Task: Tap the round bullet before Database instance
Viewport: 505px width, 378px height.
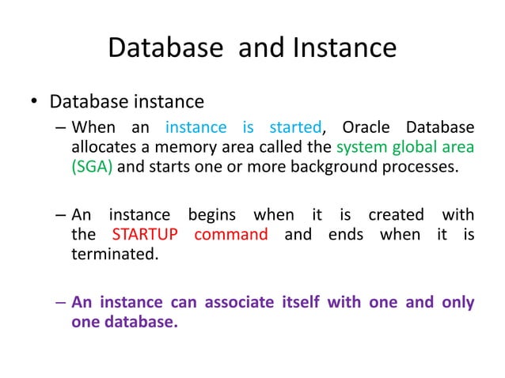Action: [35, 103]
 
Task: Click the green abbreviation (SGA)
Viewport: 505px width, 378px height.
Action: [92, 167]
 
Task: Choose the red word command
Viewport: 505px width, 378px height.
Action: [230, 235]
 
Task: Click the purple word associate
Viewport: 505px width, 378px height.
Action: [240, 302]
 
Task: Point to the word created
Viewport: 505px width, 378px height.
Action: [395, 215]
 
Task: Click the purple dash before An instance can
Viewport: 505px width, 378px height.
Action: [61, 302]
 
